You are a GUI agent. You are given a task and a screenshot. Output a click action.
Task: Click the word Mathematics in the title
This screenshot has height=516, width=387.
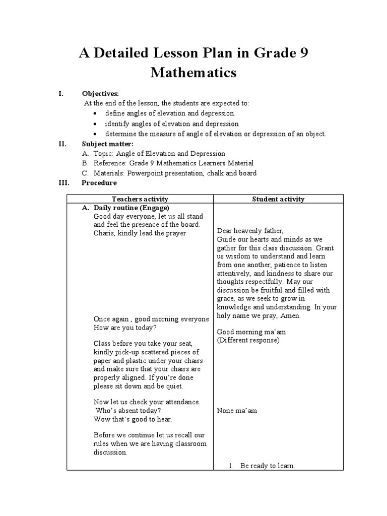coord(193,73)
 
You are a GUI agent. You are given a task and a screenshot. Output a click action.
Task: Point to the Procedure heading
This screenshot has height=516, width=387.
coord(99,183)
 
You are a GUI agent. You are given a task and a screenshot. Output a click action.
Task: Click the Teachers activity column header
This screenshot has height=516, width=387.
coord(140,199)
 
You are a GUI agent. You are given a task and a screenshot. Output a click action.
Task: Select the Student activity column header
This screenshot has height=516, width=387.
coord(278,199)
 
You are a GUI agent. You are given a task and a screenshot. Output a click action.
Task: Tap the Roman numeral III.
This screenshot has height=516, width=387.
coord(63,183)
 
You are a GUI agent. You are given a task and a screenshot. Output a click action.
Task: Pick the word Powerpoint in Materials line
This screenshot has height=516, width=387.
coord(145,173)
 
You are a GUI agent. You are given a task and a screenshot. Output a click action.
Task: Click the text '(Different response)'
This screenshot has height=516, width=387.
coord(248,340)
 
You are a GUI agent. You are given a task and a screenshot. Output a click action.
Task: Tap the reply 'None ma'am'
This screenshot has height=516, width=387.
coord(237,410)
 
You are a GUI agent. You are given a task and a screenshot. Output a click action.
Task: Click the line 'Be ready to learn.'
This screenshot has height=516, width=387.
coord(267,466)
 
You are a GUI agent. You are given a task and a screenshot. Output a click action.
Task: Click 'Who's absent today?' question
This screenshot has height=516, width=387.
coord(125,410)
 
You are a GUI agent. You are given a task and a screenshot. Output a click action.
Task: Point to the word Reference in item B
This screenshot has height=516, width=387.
coord(109,163)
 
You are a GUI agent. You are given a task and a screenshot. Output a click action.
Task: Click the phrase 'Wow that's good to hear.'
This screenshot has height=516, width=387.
coord(133,419)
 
